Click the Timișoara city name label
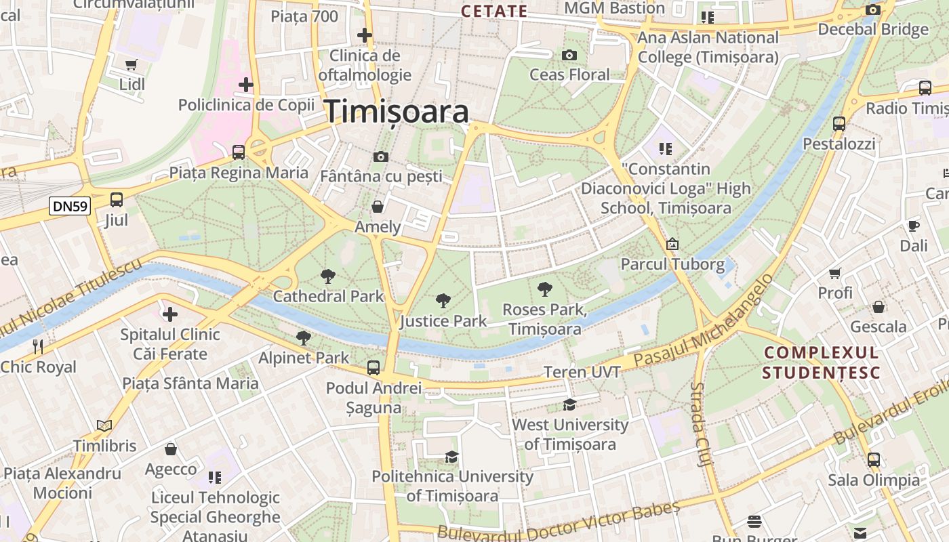point(397,112)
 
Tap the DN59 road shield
point(69,206)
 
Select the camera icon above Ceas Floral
point(569,55)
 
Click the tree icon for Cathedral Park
point(328,276)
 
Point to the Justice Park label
point(443,320)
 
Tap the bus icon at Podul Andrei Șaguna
point(373,368)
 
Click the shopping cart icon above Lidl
point(132,65)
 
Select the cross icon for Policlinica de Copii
point(246,85)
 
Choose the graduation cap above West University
point(569,404)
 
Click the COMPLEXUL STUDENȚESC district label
point(821,362)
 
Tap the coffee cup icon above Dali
point(913,226)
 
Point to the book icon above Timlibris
point(104,425)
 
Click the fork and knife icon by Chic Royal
point(38,347)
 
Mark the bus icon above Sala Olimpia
point(874,459)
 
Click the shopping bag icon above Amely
point(378,206)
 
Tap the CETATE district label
point(493,11)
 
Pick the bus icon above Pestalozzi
point(839,124)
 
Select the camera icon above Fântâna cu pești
point(381,157)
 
